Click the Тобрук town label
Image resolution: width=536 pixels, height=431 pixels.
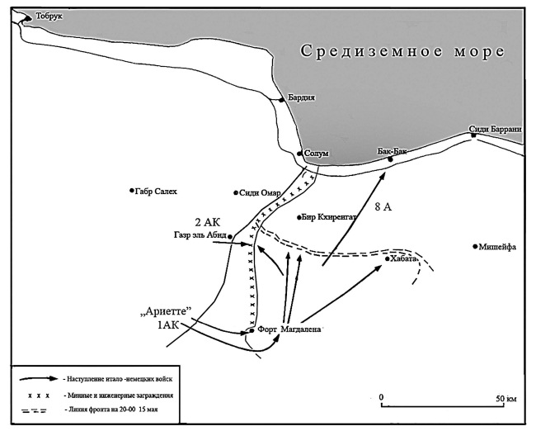(49, 16)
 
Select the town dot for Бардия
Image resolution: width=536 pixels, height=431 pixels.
(282, 98)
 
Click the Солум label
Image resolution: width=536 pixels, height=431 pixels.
(316, 154)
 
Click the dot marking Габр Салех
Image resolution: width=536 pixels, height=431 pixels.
(132, 191)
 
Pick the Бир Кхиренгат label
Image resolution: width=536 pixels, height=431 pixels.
(329, 217)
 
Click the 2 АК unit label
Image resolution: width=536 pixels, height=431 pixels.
(209, 222)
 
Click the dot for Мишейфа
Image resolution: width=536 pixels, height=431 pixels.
(476, 246)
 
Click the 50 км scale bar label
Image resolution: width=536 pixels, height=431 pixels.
(505, 397)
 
